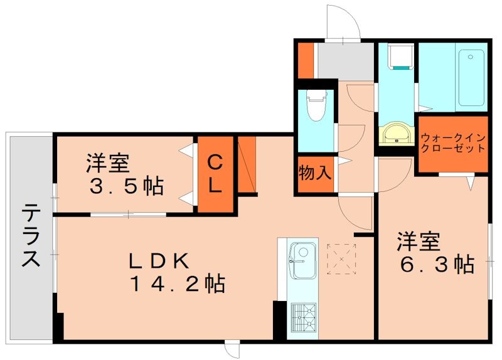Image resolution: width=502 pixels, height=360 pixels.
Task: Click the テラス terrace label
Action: [x=31, y=236]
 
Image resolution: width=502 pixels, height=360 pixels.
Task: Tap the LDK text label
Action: [x=158, y=261]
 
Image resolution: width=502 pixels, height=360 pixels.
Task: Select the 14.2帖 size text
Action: [x=178, y=283]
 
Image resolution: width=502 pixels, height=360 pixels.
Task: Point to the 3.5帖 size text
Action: [x=127, y=186]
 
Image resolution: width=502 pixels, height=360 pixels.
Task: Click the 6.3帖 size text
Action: [x=437, y=264]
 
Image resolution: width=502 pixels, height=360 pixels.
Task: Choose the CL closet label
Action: [x=215, y=175]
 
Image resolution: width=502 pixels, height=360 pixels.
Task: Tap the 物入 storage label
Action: [x=314, y=174]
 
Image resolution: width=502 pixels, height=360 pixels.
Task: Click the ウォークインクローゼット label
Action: [x=452, y=144]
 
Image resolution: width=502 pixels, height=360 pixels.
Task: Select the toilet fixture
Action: [x=316, y=104]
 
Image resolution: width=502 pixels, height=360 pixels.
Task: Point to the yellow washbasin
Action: [x=397, y=133]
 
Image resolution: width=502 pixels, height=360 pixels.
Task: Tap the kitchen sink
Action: [x=303, y=260]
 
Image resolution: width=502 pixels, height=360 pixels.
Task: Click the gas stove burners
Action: [x=303, y=319]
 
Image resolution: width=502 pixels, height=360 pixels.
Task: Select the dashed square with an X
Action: [x=341, y=258]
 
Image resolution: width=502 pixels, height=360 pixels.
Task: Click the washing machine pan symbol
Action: [x=399, y=56]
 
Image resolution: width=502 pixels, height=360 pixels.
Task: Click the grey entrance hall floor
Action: [x=346, y=61]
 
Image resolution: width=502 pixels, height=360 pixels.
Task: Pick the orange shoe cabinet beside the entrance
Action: [x=306, y=60]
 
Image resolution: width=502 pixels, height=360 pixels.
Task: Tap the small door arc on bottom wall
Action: [x=232, y=351]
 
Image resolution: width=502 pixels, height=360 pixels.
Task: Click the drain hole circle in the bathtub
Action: [x=470, y=56]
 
